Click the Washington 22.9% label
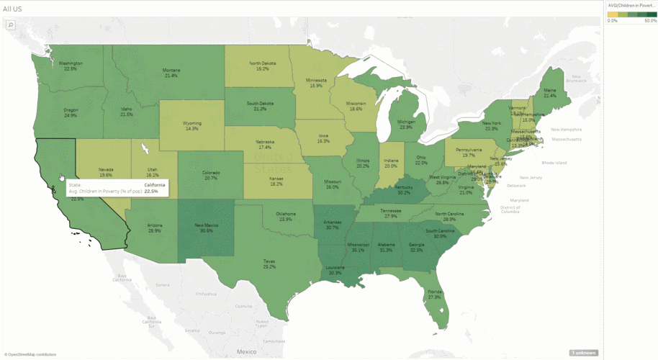[70, 66]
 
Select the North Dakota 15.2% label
[263, 66]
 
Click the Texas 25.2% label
[269, 264]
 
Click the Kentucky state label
[404, 188]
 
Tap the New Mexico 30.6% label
[207, 228]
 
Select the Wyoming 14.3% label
[191, 126]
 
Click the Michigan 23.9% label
[406, 124]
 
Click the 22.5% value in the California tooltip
[151, 192]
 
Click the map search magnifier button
[11, 24]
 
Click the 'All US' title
[12, 8]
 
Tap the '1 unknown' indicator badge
[582, 353]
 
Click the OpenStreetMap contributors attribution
[30, 354]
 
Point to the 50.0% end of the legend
[650, 21]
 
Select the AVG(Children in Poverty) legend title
[631, 5]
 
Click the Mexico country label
[246, 351]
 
